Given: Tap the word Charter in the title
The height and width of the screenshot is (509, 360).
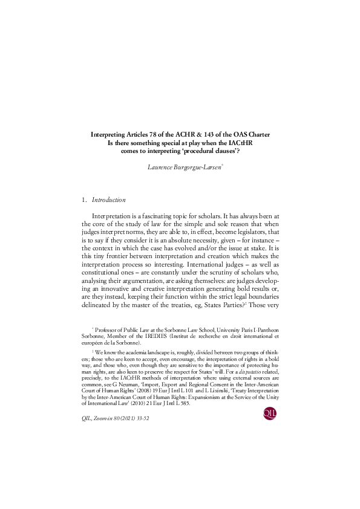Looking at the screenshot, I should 256,134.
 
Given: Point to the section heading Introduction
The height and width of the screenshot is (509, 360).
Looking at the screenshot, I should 108,199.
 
